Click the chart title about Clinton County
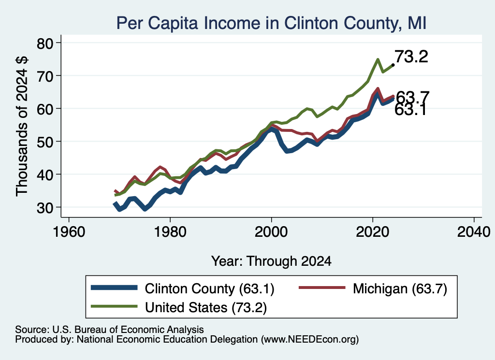click(x=272, y=23)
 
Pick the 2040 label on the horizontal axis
click(x=474, y=232)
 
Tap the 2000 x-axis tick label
click(x=271, y=232)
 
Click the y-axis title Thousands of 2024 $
click(x=22, y=126)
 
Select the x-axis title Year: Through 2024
click(x=271, y=261)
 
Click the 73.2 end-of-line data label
click(x=411, y=57)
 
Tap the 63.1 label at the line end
click(x=411, y=110)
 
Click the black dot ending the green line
click(x=393, y=65)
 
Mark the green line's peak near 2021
click(x=378, y=59)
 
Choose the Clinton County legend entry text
click(x=210, y=288)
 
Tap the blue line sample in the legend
click(x=114, y=288)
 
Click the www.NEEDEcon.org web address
click(x=308, y=340)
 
